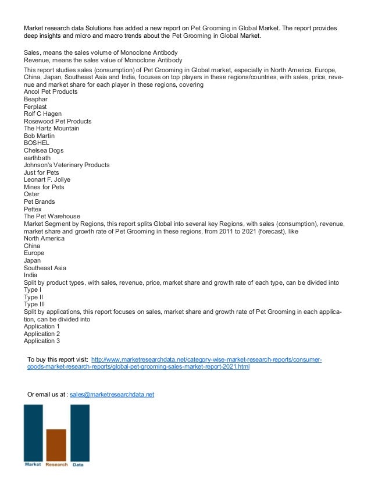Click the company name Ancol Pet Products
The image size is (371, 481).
51,92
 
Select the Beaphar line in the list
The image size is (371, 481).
35,100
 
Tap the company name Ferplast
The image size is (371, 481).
35,107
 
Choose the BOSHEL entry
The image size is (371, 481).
37,143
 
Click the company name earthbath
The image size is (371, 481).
37,158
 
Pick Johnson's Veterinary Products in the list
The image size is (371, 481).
66,165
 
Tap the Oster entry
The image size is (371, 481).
31,194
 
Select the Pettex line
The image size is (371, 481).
33,209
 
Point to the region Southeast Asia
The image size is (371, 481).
45,268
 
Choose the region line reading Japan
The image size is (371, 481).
33,261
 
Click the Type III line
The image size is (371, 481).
34,305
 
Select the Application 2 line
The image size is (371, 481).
42,334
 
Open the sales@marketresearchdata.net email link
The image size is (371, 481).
112,394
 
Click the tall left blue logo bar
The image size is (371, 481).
33,433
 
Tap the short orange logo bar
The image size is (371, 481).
56,445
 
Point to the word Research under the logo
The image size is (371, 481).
56,465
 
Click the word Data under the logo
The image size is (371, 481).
78,465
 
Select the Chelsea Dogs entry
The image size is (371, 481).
44,151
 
